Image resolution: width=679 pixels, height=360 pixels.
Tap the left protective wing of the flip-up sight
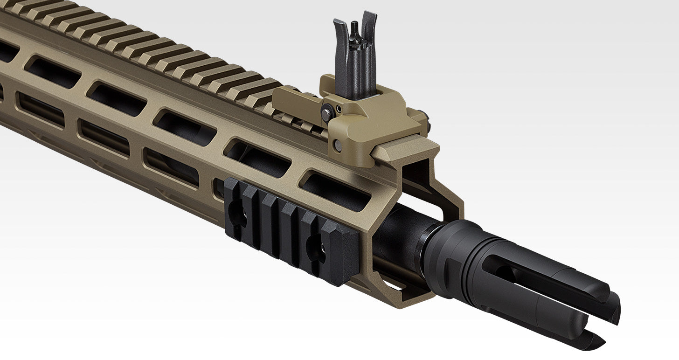coord(340,51)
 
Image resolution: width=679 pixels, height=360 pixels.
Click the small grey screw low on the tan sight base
coord(338,145)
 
